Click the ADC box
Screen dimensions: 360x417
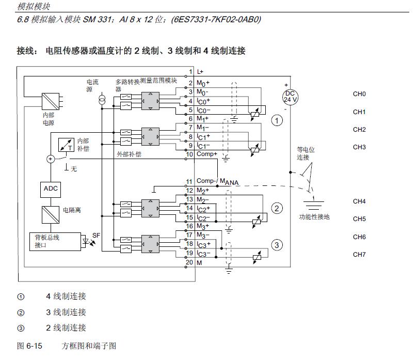(x=51, y=189)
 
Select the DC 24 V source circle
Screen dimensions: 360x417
(x=291, y=96)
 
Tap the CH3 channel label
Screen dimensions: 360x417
(x=359, y=147)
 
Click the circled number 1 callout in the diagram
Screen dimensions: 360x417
(x=277, y=121)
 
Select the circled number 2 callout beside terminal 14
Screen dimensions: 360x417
(x=277, y=209)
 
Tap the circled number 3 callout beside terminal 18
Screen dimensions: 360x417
(x=277, y=245)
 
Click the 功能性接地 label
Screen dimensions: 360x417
(x=314, y=217)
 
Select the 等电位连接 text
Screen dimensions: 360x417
(x=306, y=153)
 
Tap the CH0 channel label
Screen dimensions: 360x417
(x=359, y=94)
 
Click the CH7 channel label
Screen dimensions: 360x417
(x=359, y=255)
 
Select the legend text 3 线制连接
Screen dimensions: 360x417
(x=66, y=312)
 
